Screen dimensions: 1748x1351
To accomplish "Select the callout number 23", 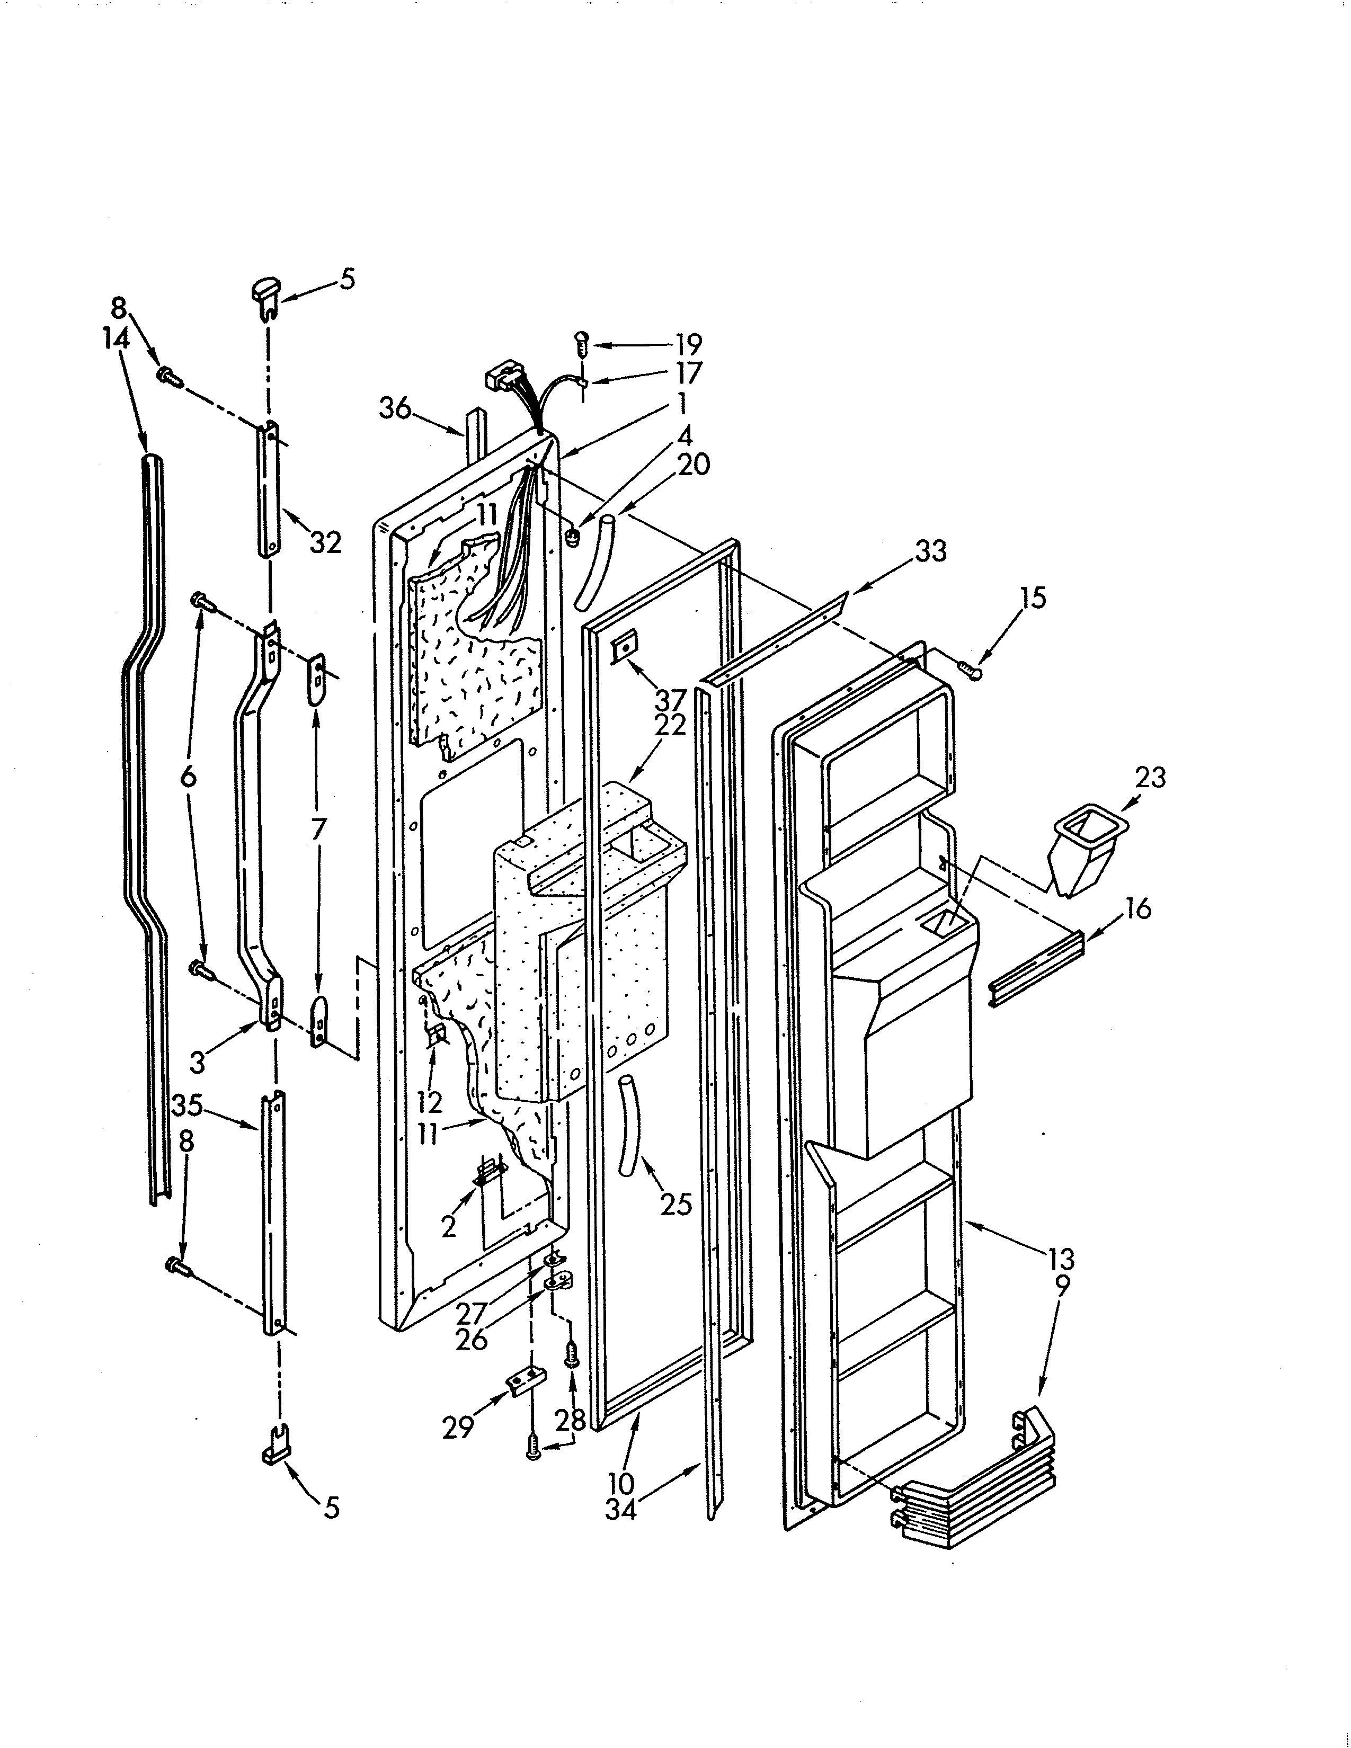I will pos(1150,777).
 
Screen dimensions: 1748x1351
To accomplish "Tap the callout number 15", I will pos(1033,598).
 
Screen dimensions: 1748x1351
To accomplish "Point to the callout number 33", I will pos(930,551).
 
